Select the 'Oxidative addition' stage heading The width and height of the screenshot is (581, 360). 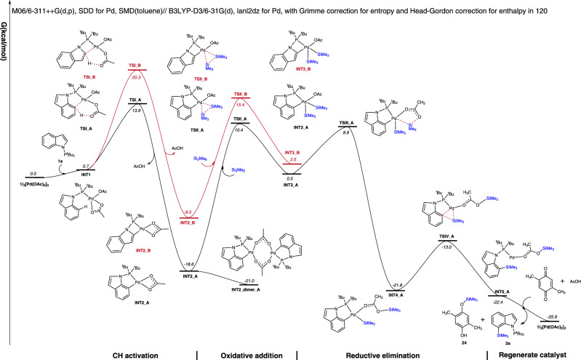click(x=247, y=353)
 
